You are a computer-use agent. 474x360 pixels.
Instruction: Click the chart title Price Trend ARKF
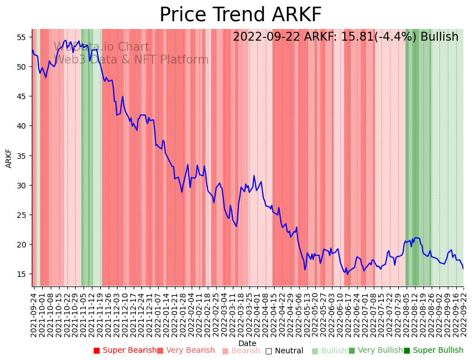[x=240, y=15]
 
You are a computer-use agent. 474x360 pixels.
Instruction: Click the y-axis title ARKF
[x=9, y=158]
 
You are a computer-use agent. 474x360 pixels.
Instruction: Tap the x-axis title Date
[x=247, y=343]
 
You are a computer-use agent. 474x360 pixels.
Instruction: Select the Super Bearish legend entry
[x=125, y=351]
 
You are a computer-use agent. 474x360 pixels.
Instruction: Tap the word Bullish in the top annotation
[x=439, y=37]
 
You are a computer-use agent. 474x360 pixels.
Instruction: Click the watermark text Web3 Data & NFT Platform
[x=131, y=60]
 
